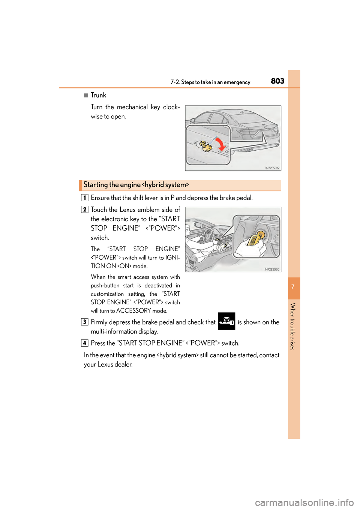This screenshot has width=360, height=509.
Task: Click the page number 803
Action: pyautogui.click(x=277, y=81)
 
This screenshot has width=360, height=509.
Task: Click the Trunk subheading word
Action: pyautogui.click(x=98, y=95)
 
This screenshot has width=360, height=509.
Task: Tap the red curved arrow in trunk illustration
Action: pyautogui.click(x=220, y=144)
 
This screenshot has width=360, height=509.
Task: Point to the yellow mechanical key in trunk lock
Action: pyautogui.click(x=205, y=146)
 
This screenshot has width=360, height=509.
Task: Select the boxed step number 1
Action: pyautogui.click(x=85, y=198)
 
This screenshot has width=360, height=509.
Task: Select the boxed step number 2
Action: pyautogui.click(x=85, y=210)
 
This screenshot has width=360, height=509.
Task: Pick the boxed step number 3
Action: pyautogui.click(x=85, y=322)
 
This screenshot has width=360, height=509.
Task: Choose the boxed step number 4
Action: pyautogui.click(x=85, y=343)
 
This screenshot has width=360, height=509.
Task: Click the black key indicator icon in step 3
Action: pyautogui.click(x=226, y=321)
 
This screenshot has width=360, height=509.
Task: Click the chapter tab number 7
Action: pyautogui.click(x=293, y=287)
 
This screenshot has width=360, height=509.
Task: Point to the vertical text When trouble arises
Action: pyautogui.click(x=293, y=326)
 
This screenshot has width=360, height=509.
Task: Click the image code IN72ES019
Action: pyautogui.click(x=272, y=168)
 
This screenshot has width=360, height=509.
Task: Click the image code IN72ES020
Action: pyautogui.click(x=272, y=269)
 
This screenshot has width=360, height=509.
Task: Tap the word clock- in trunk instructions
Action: pyautogui.click(x=171, y=107)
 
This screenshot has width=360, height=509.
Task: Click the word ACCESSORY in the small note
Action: pyautogui.click(x=133, y=311)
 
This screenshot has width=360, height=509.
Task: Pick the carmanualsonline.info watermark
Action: pyautogui.click(x=304, y=502)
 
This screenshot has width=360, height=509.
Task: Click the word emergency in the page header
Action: pyautogui.click(x=237, y=82)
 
